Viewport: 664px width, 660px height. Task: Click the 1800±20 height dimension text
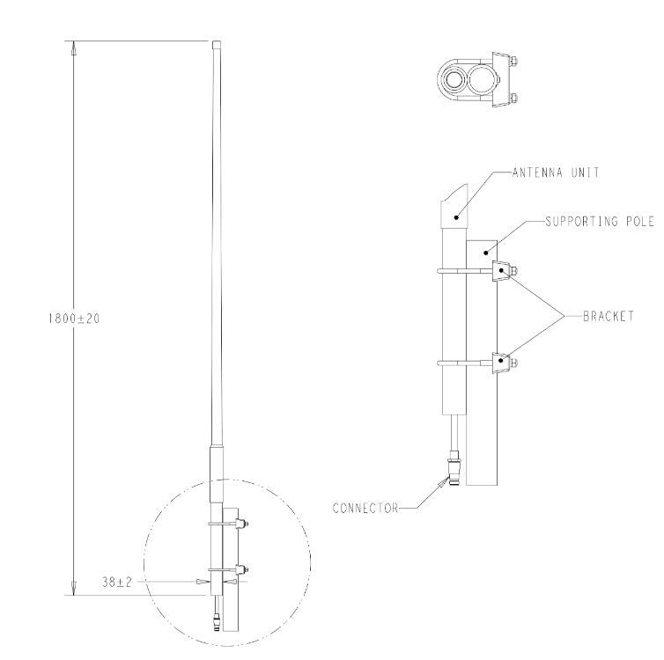tap(74, 319)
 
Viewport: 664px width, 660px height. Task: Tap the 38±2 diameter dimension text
tap(117, 582)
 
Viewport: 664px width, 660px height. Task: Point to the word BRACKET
tap(608, 314)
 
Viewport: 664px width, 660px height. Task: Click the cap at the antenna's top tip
tap(217, 42)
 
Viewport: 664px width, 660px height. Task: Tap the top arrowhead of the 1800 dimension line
tap(74, 49)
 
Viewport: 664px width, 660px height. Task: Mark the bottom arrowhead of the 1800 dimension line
tap(74, 588)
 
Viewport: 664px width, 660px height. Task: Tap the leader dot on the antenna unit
tap(456, 214)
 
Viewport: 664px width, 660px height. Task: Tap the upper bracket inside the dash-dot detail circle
tap(240, 525)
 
